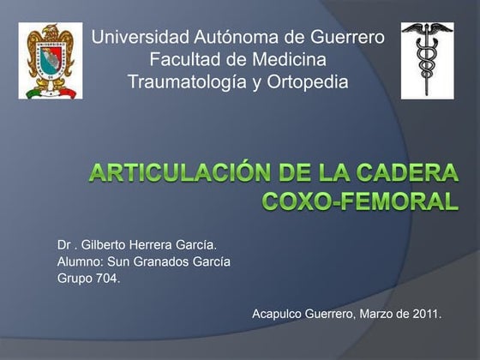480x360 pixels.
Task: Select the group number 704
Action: pyautogui.click(x=107, y=278)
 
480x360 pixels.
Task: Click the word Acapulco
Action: pyautogui.click(x=279, y=315)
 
